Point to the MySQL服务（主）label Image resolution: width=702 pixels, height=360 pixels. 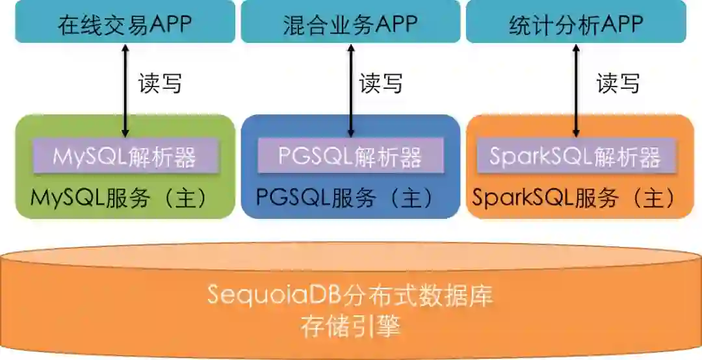[x=119, y=198]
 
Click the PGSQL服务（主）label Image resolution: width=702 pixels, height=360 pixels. [x=344, y=198]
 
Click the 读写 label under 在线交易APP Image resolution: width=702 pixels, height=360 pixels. [x=159, y=83]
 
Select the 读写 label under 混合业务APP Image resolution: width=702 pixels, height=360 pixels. [x=381, y=83]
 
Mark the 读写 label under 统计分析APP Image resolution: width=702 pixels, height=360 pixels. [x=617, y=83]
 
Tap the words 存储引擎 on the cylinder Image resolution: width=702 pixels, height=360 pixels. [x=350, y=326]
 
